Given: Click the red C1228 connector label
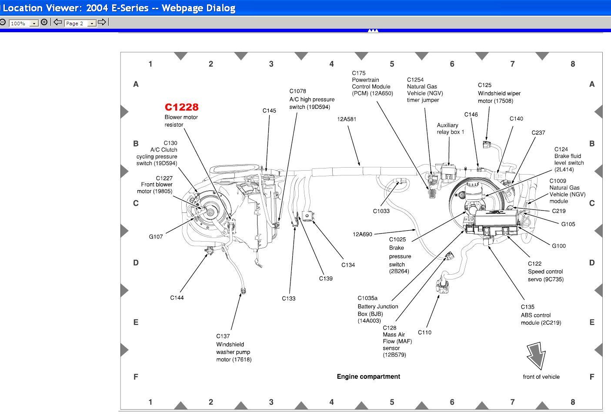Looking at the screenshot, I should pos(181,107).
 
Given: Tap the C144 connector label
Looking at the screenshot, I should pos(177,298).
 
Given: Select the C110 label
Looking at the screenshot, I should pos(424,333).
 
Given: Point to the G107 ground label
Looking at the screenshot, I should pos(156,237).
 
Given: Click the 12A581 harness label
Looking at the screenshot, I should pos(347,119).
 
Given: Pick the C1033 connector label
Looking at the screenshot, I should pos(381,211).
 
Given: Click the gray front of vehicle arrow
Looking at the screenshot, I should pos(536,355).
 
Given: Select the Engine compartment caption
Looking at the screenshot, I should pos(368,377).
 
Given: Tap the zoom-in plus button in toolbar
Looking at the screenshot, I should pos(44,22).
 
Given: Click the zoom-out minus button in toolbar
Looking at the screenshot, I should pos(3,22).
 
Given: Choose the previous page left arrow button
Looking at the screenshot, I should pos(57,22).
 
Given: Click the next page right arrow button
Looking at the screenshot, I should pos(102,22).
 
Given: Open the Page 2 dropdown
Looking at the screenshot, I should pos(92,24).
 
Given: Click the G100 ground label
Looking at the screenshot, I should pos(559,246).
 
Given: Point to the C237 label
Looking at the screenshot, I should pos(538,133).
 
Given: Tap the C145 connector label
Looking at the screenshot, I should pos(269,111).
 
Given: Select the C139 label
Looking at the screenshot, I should pos(326,279).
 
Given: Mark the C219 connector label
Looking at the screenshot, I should pos(559,211).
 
